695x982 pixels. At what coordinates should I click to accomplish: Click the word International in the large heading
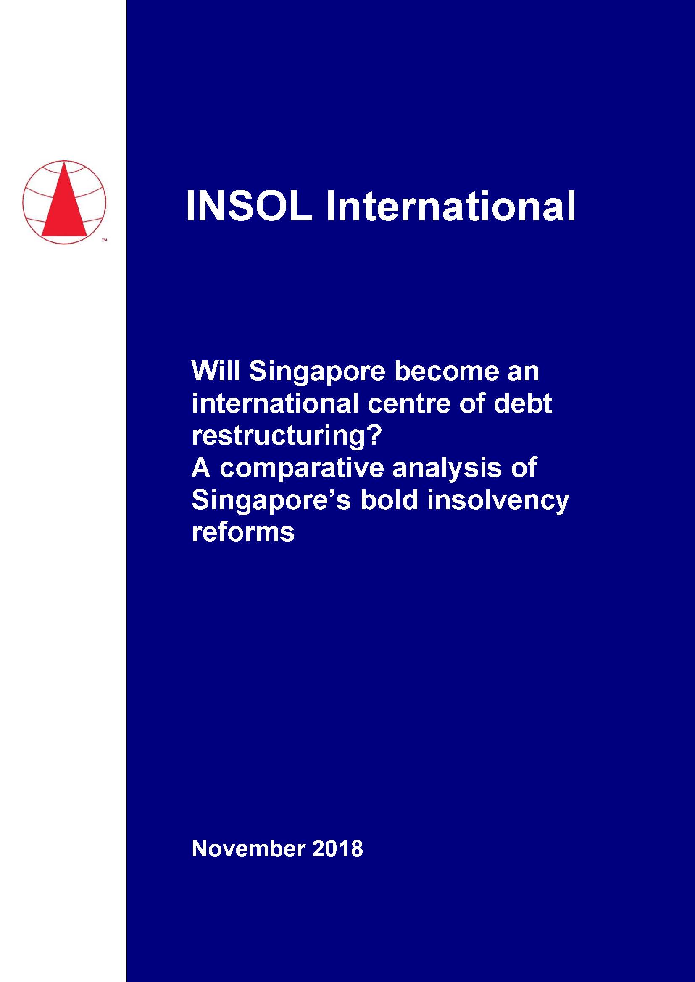[x=450, y=207]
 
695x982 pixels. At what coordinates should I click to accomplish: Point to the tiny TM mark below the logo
[x=104, y=241]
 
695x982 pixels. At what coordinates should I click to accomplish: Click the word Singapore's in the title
[x=271, y=501]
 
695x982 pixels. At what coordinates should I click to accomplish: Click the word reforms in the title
[x=243, y=532]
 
